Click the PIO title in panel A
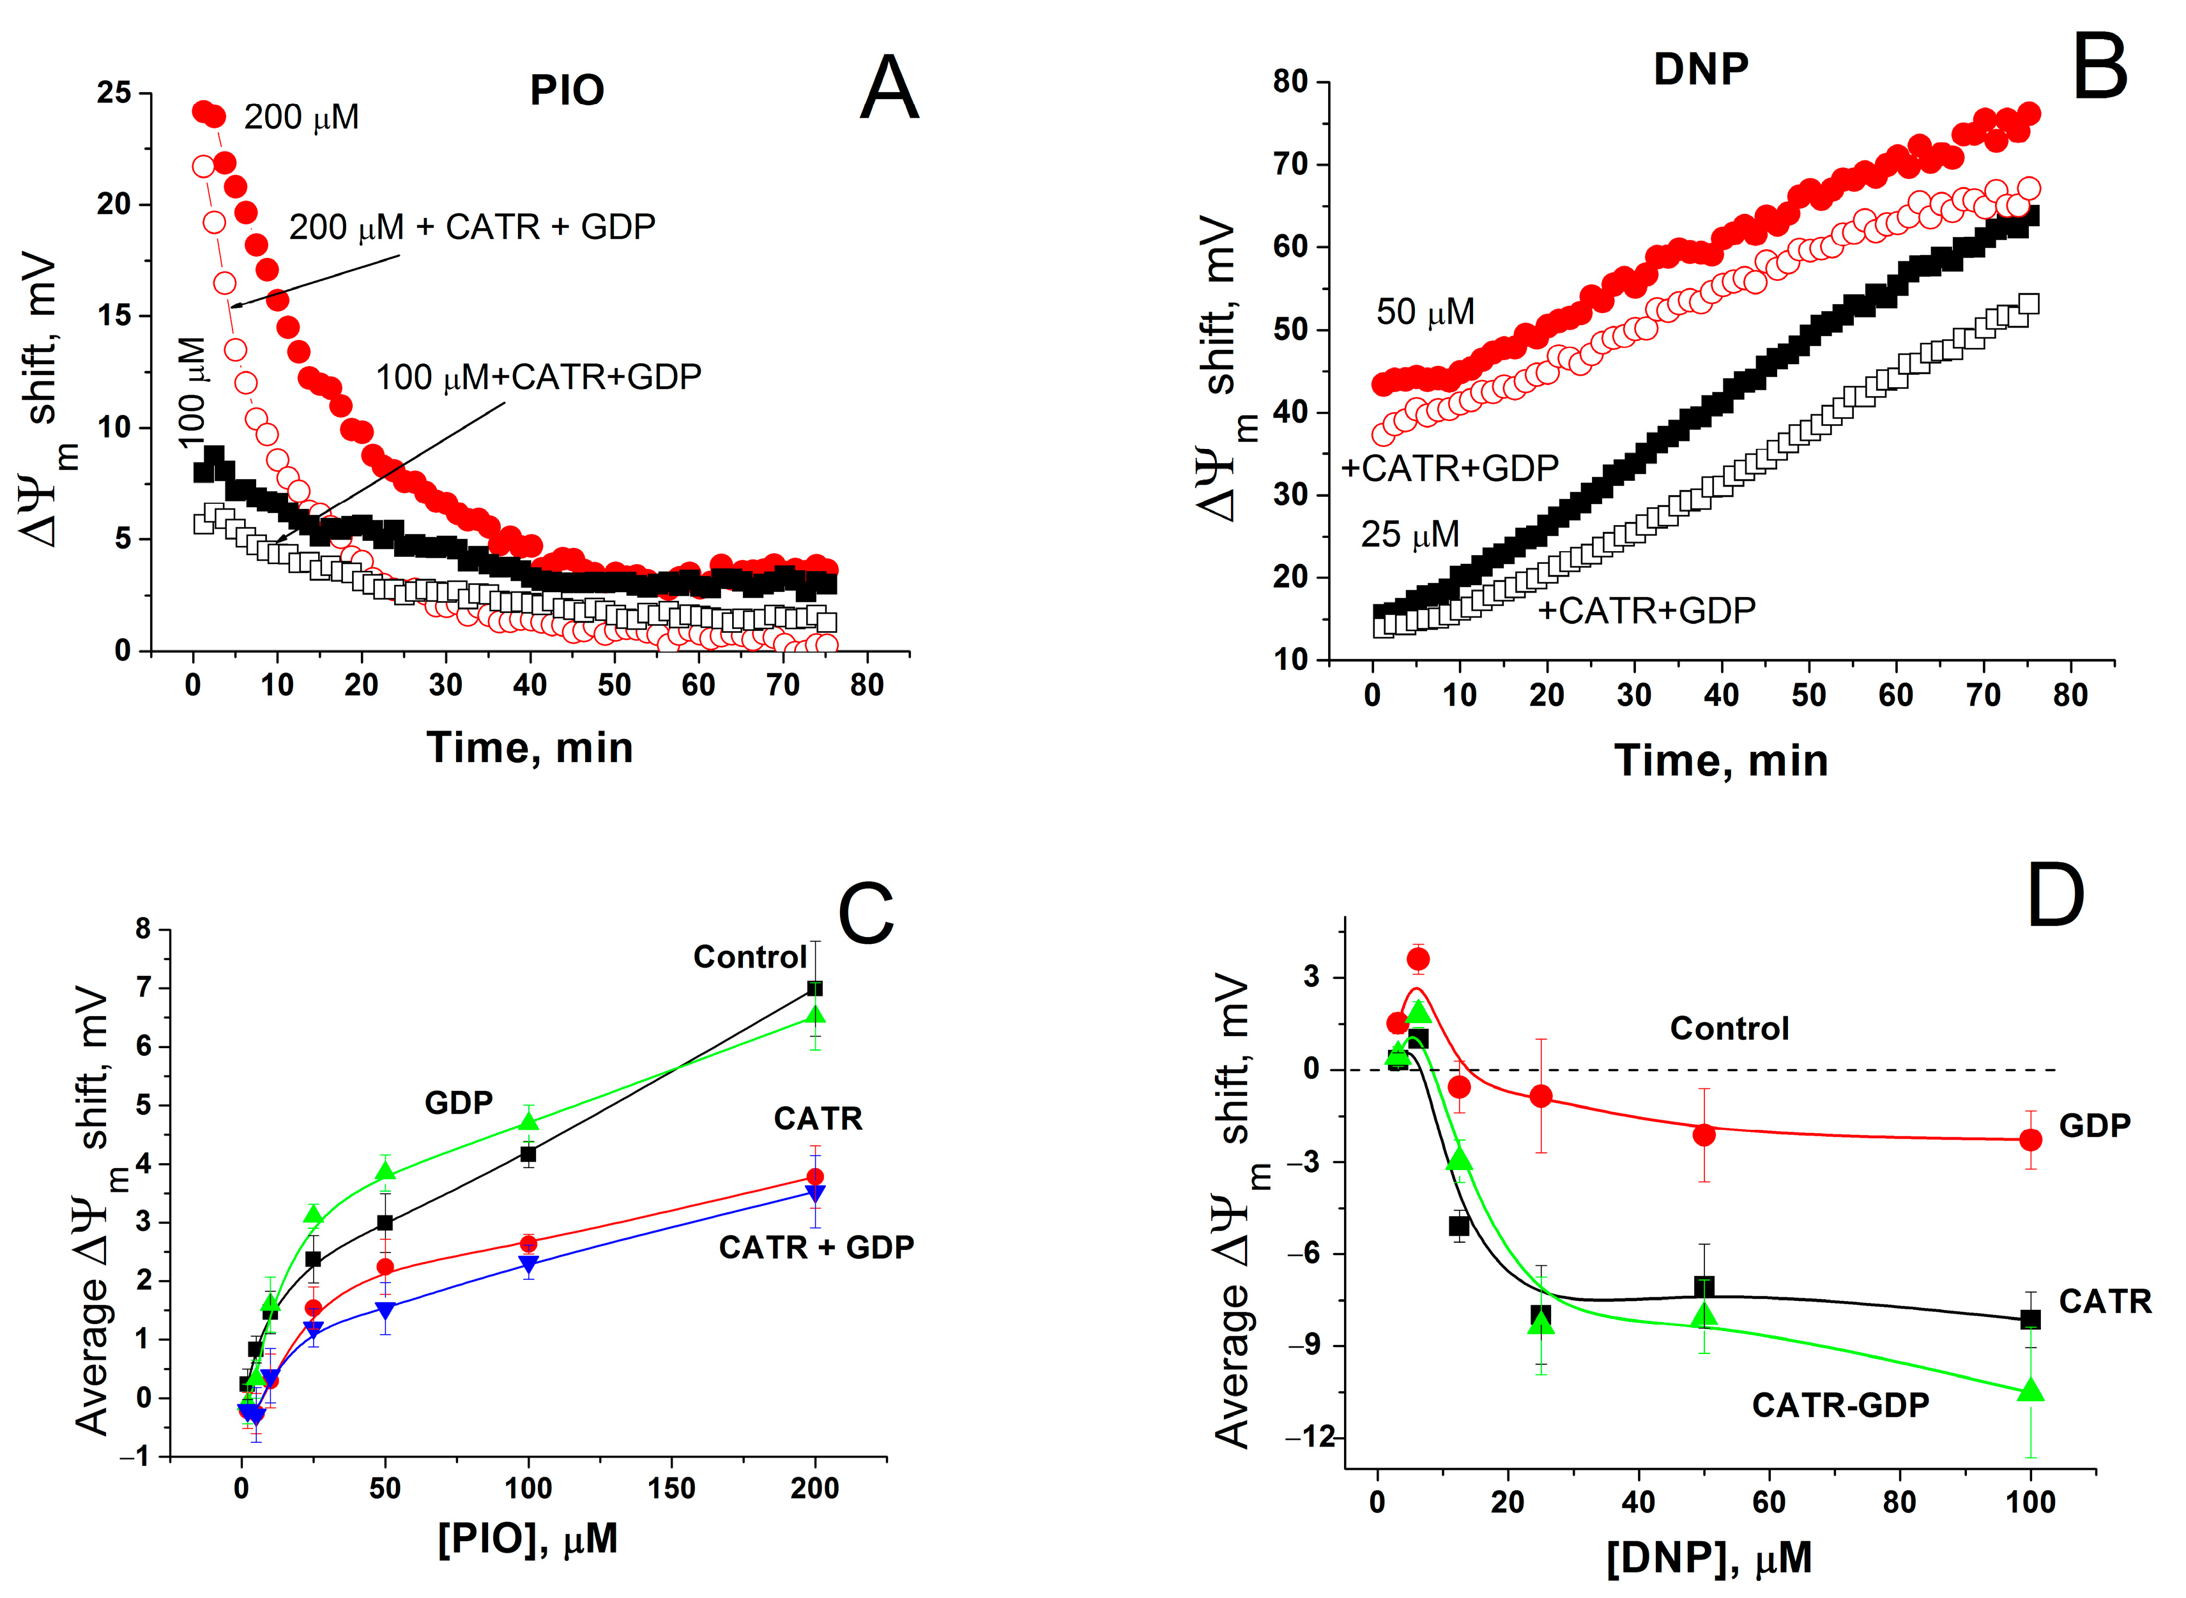pyautogui.click(x=567, y=91)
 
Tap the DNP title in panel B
pyautogui.click(x=1701, y=69)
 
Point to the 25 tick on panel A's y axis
pyautogui.click(x=114, y=94)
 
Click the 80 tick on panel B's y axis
pyautogui.click(x=1291, y=82)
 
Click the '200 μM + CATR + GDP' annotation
pyautogui.click(x=472, y=226)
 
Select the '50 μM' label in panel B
pyautogui.click(x=1425, y=312)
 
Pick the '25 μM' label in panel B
pyautogui.click(x=1409, y=534)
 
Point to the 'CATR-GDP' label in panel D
pyautogui.click(x=1840, y=1404)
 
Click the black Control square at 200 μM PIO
pyautogui.click(x=814, y=989)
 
